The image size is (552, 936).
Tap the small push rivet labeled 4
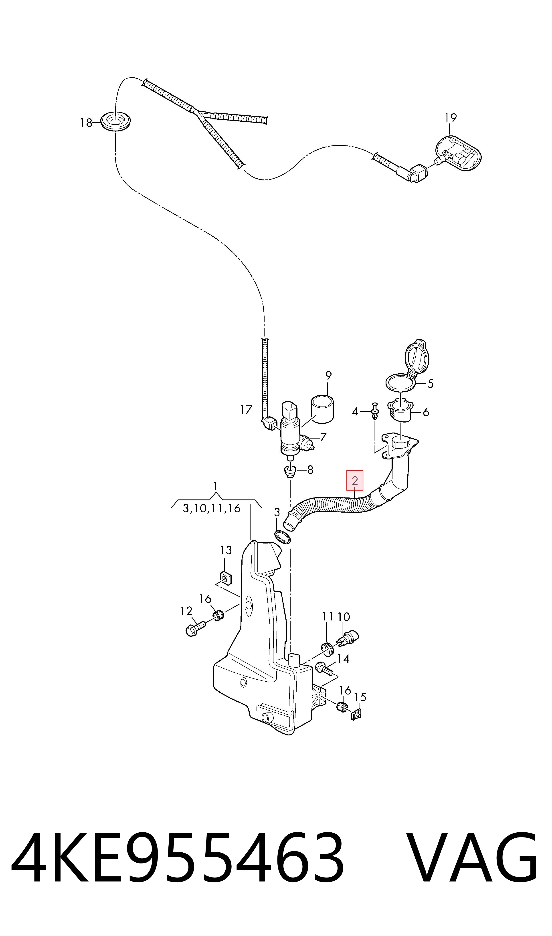click(375, 411)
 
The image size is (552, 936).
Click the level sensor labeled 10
click(347, 638)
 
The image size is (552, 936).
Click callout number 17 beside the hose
click(246, 410)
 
